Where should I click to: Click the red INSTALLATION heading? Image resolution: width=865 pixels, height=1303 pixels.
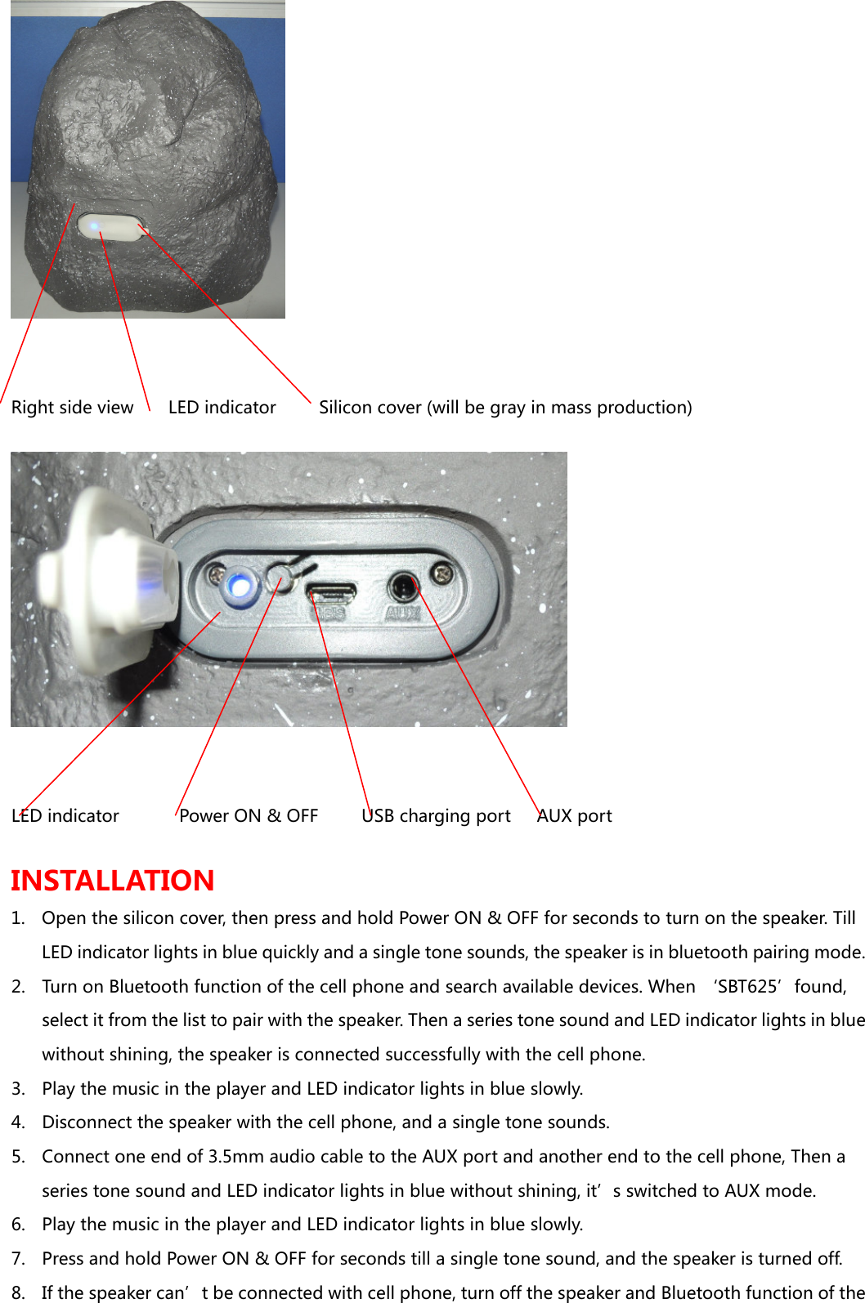[x=113, y=880]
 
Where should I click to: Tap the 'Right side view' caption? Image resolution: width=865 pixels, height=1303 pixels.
[x=72, y=408]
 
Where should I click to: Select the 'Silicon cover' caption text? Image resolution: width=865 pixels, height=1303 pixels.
[x=505, y=408]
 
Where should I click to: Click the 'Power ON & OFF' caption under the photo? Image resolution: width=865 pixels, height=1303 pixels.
[x=249, y=816]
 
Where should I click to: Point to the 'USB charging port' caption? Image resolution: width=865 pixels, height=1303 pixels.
[x=437, y=816]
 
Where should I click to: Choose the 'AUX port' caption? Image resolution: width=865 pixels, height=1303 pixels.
[x=575, y=816]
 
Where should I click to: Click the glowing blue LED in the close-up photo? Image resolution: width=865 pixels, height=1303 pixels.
[x=240, y=586]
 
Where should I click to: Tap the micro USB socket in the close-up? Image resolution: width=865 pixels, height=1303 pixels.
[x=331, y=590]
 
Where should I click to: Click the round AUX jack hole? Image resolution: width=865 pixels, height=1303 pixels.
[x=402, y=587]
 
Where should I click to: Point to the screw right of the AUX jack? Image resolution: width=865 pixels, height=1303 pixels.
[x=442, y=575]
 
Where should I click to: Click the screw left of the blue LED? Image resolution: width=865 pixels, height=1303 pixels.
[x=215, y=574]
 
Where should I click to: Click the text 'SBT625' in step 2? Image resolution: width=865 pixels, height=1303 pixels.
[x=747, y=987]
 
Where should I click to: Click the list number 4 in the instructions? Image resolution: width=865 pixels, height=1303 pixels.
[x=17, y=1122]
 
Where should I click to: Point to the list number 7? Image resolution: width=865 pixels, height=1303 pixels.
[x=17, y=1259]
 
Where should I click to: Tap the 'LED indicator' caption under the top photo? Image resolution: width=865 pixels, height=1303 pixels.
[x=222, y=408]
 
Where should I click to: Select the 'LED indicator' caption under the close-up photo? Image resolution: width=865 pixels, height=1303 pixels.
[x=65, y=816]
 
